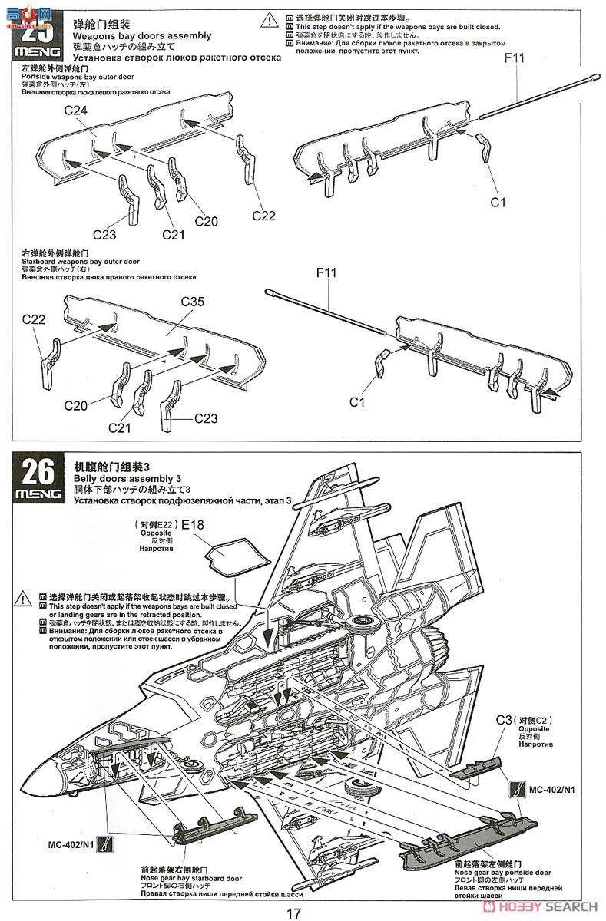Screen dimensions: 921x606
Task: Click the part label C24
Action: pos(75,111)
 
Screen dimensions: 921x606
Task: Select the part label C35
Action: pos(192,302)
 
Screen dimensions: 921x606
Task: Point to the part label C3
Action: pos(503,719)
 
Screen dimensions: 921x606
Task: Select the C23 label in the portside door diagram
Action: pos(104,233)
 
